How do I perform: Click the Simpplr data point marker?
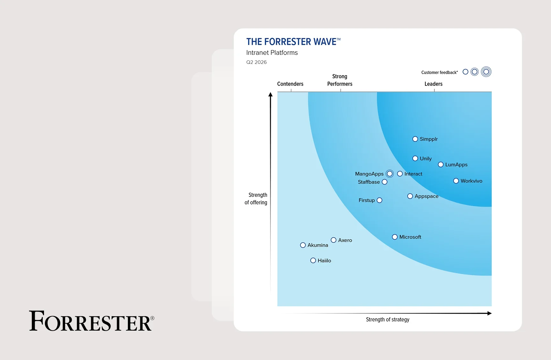click(x=415, y=139)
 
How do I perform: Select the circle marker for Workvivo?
click(x=456, y=181)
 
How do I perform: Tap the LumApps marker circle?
click(x=441, y=165)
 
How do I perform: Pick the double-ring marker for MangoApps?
click(x=390, y=174)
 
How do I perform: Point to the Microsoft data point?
click(x=395, y=237)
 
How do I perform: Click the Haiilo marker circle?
click(x=313, y=260)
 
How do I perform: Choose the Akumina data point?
click(x=303, y=245)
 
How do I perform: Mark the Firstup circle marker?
click(x=379, y=200)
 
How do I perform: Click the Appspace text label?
click(x=426, y=196)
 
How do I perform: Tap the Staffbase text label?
click(x=369, y=182)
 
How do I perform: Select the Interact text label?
click(x=413, y=174)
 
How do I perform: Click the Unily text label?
click(x=426, y=159)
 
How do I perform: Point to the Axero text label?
click(x=345, y=240)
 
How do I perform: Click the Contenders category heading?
click(x=290, y=84)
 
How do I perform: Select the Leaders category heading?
click(x=433, y=84)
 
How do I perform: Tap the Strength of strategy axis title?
click(x=387, y=319)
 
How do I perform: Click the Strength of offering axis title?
click(x=256, y=199)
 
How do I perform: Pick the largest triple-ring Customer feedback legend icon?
click(x=486, y=72)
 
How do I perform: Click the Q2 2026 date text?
click(x=256, y=62)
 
